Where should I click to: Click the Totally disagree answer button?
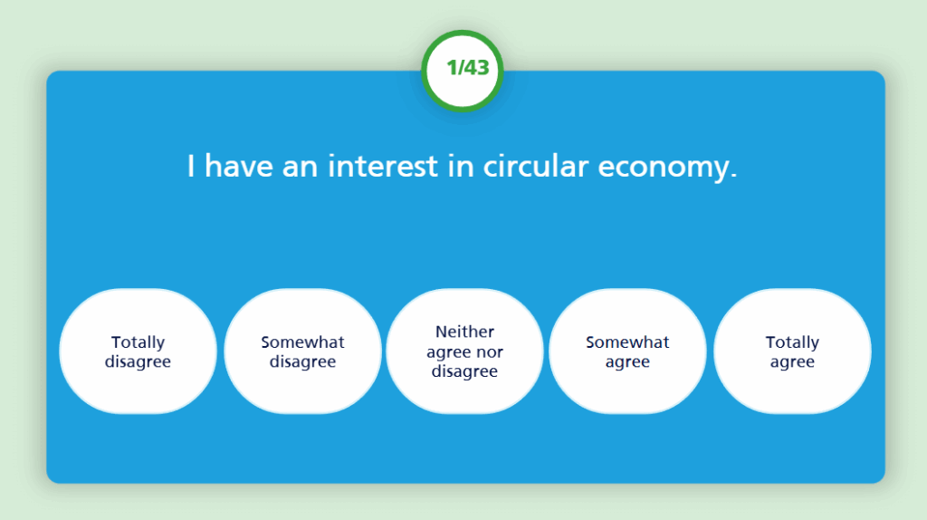pos(138,351)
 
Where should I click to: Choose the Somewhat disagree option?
pos(302,351)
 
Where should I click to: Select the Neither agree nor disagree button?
pos(464,351)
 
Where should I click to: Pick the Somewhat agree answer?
pos(627,351)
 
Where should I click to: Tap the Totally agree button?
pos(792,351)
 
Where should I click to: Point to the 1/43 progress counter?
pos(463,71)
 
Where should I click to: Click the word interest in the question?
pos(383,166)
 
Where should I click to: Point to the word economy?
pos(664,169)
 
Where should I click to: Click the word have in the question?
pos(238,166)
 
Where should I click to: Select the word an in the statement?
pos(301,169)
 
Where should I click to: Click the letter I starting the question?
pos(190,166)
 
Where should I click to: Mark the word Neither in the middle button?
pos(464,332)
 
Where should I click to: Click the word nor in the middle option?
pos(489,352)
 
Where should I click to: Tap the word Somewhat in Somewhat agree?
pos(627,342)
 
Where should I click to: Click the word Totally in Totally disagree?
pos(138,343)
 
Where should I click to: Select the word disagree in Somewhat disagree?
pos(302,361)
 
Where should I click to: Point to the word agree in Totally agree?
pos(792,362)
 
